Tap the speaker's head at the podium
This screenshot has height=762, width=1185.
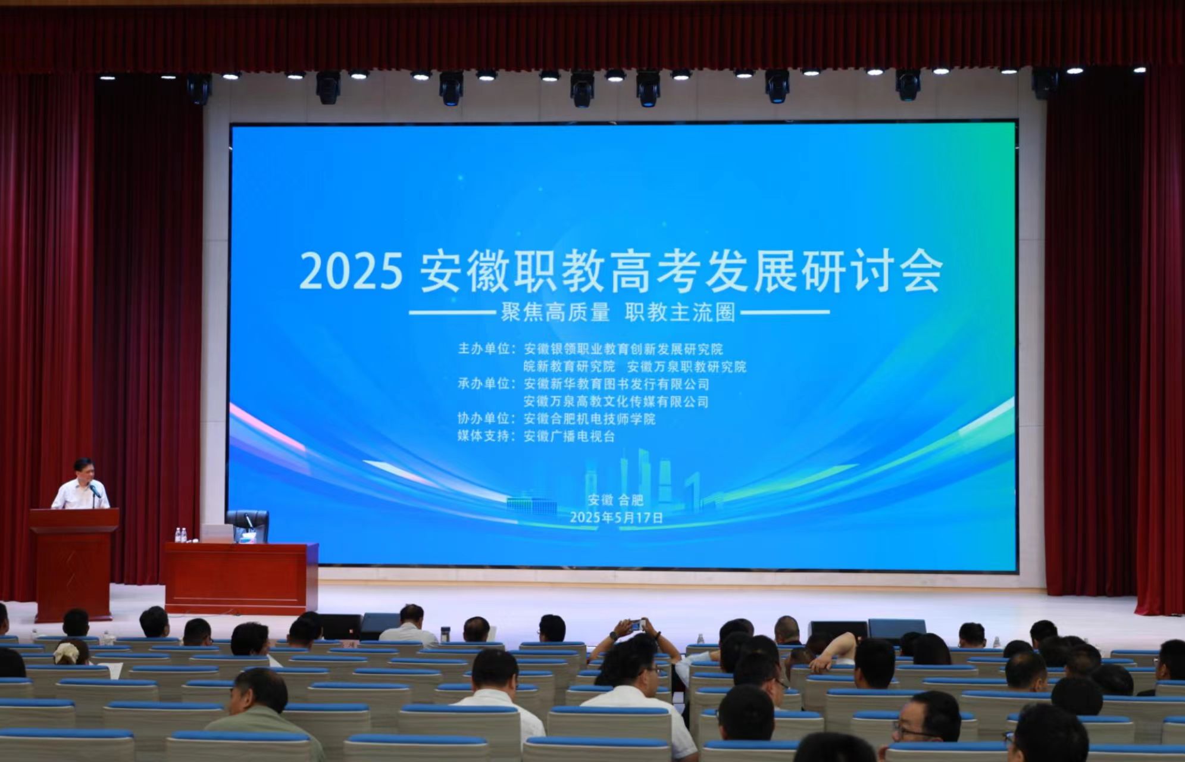[83, 470]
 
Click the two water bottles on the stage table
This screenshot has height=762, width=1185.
[181, 535]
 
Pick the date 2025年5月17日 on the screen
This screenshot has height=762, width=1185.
[616, 517]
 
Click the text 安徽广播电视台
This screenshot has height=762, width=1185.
[569, 436]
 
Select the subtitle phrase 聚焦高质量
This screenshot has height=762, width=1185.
[555, 312]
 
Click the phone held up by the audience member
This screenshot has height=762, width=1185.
[636, 625]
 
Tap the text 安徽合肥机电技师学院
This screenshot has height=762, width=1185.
[589, 419]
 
